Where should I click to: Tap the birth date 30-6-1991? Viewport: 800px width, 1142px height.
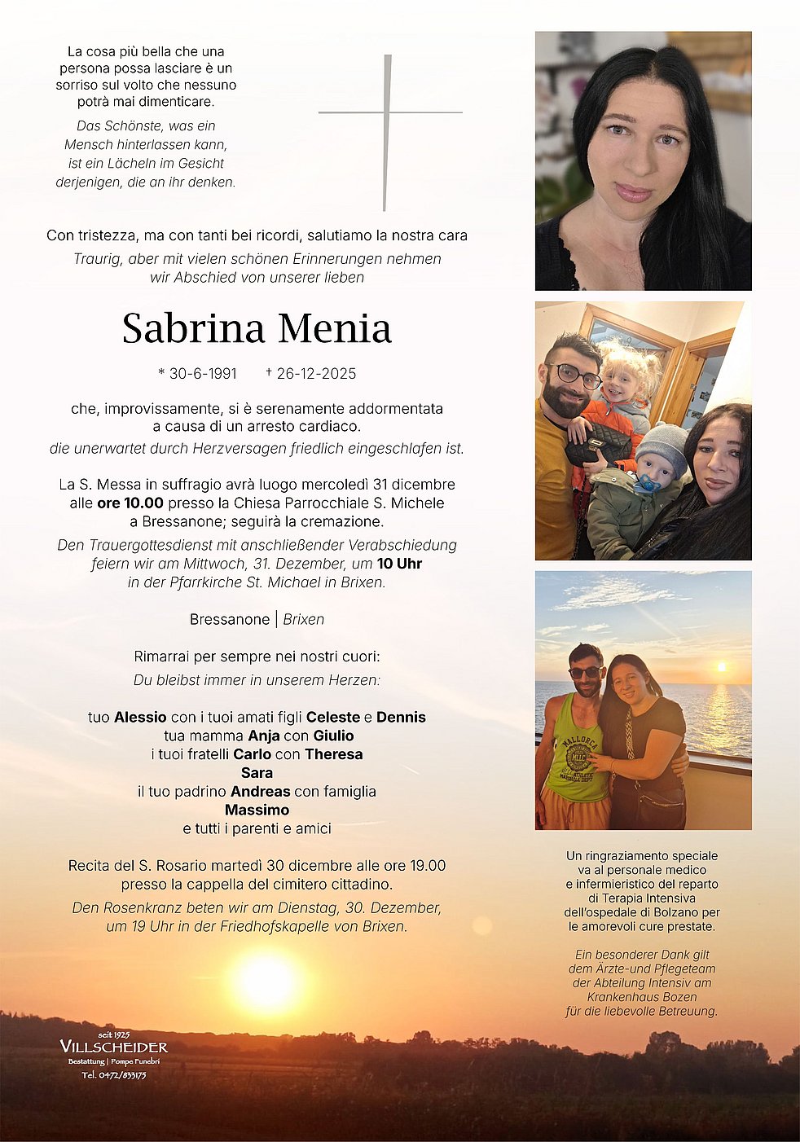point(203,374)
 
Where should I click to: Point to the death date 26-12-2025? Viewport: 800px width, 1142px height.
point(316,374)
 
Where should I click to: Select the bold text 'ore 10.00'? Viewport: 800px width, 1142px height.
point(130,503)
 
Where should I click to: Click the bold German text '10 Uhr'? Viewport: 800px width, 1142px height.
point(399,564)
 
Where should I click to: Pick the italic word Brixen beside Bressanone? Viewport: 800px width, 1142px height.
point(303,620)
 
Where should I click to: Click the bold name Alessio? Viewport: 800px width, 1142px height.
point(140,718)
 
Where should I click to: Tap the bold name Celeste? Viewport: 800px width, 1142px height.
point(332,718)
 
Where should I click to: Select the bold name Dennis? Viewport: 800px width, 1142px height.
point(401,718)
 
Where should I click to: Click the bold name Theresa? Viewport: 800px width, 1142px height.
point(333,755)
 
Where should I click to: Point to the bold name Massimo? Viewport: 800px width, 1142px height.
point(257,810)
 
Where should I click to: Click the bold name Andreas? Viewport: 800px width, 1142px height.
point(260,792)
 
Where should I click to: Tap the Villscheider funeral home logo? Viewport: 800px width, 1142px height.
point(114,1048)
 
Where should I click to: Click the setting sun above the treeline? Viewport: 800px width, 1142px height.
point(266,982)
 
